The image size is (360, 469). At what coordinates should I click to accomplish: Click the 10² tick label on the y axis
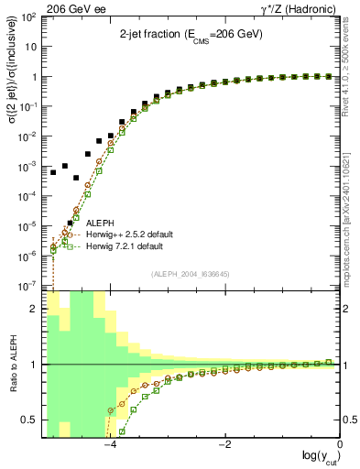tap(29, 18)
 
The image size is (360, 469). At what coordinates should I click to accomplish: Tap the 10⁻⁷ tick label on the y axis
tap(29, 286)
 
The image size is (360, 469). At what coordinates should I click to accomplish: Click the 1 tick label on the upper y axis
tap(35, 78)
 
